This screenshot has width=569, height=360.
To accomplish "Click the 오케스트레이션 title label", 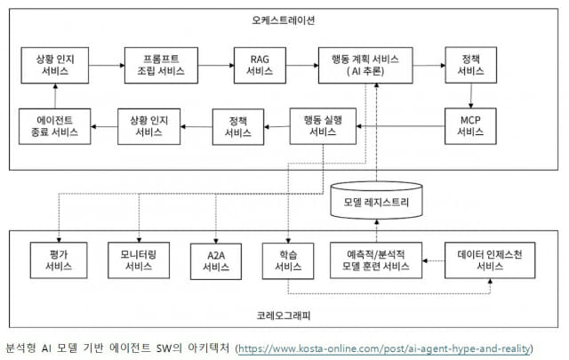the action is pos(283,20).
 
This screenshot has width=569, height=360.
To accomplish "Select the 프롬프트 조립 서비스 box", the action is pos(161,65).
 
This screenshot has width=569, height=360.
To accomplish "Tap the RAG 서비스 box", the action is pos(260,65).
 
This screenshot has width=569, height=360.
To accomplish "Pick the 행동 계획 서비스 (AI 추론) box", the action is pos(365,65).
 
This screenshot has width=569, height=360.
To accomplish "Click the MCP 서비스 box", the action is pos(470,126).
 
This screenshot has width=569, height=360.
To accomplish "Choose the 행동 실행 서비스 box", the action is pos(323,126).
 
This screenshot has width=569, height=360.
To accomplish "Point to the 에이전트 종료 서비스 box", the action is pos(55,126).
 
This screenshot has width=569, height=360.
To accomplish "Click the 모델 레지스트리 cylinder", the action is pos(376,200).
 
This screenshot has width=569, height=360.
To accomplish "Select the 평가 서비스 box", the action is pos(59,260).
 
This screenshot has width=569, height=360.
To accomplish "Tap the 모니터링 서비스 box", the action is pos(139,260).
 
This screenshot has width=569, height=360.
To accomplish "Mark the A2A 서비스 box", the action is pos(216,261).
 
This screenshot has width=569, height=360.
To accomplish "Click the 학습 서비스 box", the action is pos(288,260).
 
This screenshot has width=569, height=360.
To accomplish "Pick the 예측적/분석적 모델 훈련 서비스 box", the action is pos(376,260).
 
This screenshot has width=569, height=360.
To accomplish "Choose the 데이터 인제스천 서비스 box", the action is pos(490,260).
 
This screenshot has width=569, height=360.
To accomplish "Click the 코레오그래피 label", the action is pos(284,316).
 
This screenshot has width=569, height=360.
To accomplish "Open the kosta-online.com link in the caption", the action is pos(385,348).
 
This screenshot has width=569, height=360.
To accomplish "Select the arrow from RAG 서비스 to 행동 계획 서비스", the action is pos(302,65).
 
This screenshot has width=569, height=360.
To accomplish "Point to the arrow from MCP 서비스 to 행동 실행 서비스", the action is pos(401,126).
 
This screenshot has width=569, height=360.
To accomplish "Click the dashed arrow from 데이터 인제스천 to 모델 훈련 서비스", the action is pos(434,260).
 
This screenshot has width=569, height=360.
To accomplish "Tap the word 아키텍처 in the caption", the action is pos(209,348).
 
